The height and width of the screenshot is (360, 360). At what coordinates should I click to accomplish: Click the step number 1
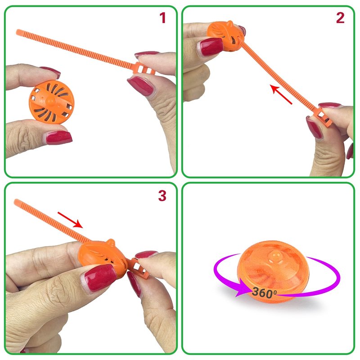tap(163, 18)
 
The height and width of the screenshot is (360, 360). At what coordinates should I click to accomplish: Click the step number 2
tap(340, 18)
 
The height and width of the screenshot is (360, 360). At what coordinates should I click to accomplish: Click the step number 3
tap(162, 196)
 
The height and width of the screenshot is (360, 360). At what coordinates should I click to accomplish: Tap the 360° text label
tap(264, 292)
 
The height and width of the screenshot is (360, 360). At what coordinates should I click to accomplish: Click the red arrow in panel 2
tap(281, 94)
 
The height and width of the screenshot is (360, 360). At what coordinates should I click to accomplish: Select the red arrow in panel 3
tap(70, 220)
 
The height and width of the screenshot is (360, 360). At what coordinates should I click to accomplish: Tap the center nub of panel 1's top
tap(49, 100)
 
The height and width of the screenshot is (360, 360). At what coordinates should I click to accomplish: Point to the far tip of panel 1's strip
tap(18, 31)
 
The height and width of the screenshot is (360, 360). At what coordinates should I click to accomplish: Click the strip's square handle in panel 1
tap(144, 69)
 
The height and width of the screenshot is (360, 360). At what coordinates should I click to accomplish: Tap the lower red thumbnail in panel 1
tap(59, 137)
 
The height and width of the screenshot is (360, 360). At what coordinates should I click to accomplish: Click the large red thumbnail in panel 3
tap(100, 278)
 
